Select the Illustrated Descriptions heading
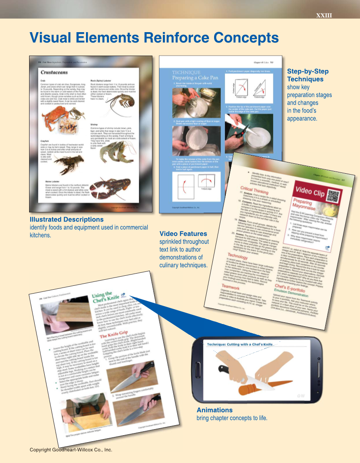tap(66, 219)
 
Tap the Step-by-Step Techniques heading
tap(307, 75)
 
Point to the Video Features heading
tap(183, 234)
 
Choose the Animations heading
tap(215, 410)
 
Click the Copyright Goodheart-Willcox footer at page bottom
tap(71, 450)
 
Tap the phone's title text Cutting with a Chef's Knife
tap(252, 344)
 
